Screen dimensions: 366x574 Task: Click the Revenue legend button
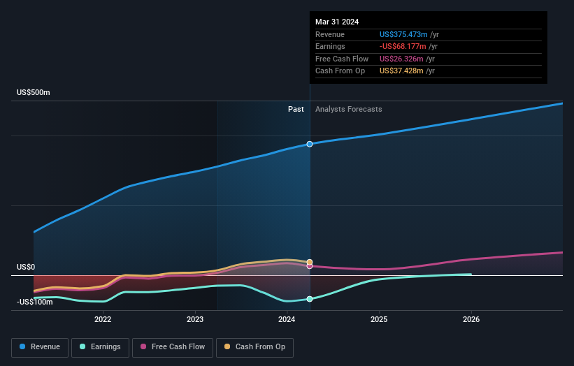coord(40,346)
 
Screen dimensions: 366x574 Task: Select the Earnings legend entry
coord(99,346)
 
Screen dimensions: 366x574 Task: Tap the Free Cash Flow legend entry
coord(173,346)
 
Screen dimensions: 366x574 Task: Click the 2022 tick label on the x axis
coord(103,319)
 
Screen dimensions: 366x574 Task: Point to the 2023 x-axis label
coord(195,319)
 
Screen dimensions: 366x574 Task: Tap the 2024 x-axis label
coord(287,319)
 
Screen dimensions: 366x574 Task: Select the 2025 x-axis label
coord(379,319)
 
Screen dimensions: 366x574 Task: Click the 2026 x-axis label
coord(471,319)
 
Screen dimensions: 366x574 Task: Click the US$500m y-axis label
coord(34,93)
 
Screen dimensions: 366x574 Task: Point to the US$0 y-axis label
coord(26,268)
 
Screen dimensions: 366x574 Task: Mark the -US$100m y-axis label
coord(34,302)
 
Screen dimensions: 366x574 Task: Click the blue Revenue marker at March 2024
coord(309,144)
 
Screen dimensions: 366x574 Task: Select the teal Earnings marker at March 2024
coord(309,299)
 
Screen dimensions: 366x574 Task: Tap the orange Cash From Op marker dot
coord(309,262)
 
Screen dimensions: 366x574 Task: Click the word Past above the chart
coord(296,109)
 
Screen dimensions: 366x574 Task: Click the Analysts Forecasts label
coord(348,109)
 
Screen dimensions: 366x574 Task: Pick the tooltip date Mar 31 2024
coord(337,22)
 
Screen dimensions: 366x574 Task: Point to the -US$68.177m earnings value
coord(401,47)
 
